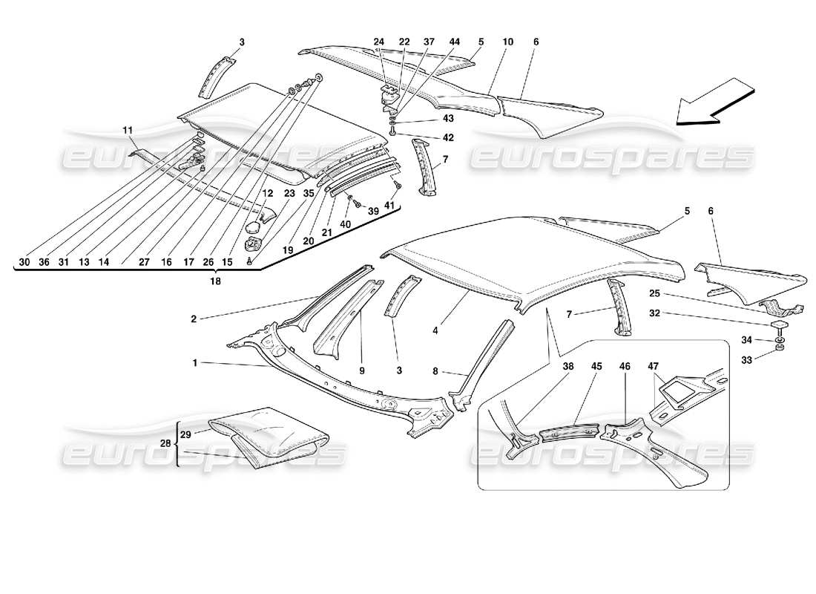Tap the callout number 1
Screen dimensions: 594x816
[x=194, y=363]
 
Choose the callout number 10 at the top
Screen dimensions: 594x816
[x=507, y=42]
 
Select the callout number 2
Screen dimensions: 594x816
[x=194, y=319]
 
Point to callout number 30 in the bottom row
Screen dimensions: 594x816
[x=24, y=261]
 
